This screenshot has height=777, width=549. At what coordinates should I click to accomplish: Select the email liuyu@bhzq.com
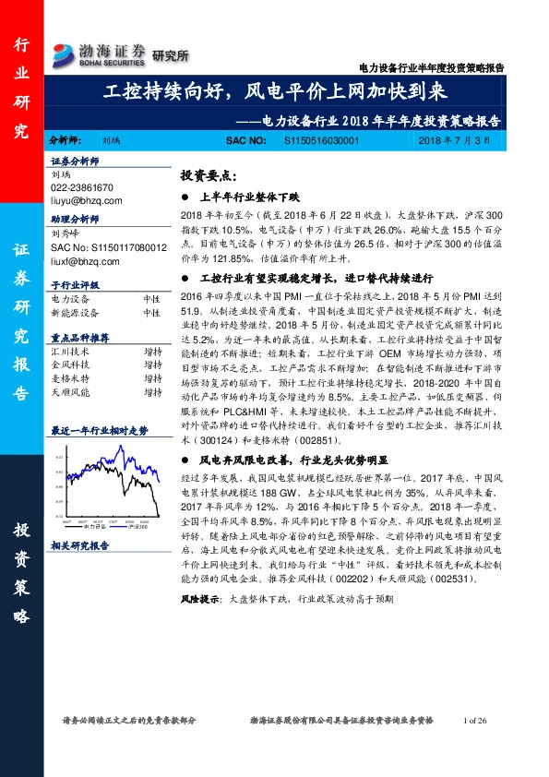(87, 197)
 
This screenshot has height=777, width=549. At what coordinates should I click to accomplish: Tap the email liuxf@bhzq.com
(86, 261)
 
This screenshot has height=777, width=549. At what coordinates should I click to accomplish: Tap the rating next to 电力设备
(152, 300)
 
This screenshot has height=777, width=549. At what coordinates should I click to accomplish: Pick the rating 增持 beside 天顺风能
(152, 392)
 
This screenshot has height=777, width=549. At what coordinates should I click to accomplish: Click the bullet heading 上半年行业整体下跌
(250, 197)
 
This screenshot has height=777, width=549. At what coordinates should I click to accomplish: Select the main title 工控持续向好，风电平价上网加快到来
(274, 93)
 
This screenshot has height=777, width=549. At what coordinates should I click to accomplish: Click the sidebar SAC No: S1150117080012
(109, 248)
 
